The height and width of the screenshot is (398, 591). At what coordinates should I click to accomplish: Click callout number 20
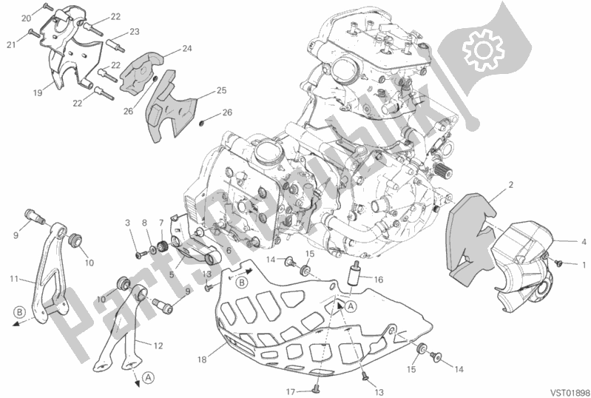tap(26, 18)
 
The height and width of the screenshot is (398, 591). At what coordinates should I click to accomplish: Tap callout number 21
tap(11, 44)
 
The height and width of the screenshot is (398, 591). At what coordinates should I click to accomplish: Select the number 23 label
tap(135, 32)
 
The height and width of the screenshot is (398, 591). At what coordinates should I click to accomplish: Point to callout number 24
tap(187, 48)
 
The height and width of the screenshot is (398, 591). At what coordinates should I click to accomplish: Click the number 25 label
tap(222, 90)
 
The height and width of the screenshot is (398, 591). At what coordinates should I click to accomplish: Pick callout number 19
tap(38, 92)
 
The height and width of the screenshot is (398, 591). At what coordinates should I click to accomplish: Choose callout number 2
tap(511, 185)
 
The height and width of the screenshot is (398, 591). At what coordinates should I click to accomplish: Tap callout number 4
tap(584, 242)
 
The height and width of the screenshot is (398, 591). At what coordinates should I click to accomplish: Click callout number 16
tap(379, 280)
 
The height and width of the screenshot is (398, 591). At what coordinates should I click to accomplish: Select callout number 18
tap(202, 360)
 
